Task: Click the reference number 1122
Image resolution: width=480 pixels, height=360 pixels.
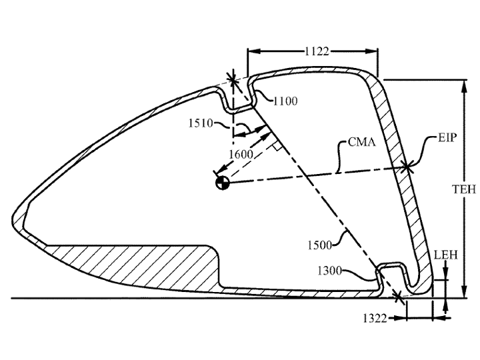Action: click(x=317, y=51)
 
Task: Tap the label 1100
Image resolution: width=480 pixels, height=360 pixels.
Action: click(x=285, y=101)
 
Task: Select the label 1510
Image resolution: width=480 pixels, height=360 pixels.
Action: click(x=201, y=123)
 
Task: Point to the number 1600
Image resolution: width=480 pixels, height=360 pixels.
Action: click(x=241, y=154)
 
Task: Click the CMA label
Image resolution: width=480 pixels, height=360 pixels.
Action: click(x=361, y=142)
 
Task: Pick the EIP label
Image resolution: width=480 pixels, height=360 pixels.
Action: click(x=447, y=137)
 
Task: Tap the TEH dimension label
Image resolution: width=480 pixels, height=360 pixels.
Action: click(x=465, y=189)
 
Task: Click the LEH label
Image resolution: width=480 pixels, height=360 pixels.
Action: click(x=446, y=255)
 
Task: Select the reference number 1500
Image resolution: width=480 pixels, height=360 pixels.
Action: click(x=319, y=245)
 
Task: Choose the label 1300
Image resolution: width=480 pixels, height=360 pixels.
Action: click(x=329, y=271)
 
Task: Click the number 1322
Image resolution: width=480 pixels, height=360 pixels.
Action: click(x=375, y=319)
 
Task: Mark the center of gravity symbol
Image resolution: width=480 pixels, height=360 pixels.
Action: click(x=223, y=183)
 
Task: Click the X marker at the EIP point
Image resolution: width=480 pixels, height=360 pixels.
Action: click(x=407, y=167)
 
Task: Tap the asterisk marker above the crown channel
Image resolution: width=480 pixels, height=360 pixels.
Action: click(x=233, y=80)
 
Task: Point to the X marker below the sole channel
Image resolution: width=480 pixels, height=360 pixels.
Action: click(x=397, y=296)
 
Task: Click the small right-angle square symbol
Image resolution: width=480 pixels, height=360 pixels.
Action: click(x=277, y=146)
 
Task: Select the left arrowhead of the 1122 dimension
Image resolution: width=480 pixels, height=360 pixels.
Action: click(x=254, y=51)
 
